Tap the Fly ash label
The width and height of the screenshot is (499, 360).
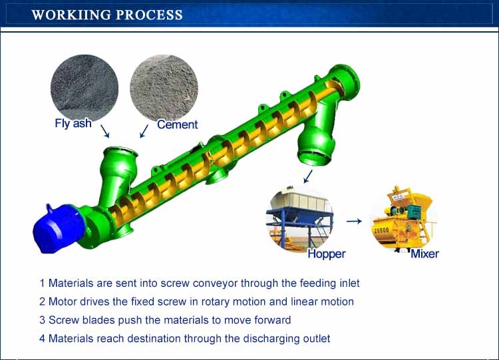73,123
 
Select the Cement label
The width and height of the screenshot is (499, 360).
177,124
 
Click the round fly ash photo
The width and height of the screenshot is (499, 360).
84,87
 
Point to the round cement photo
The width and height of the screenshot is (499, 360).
164,88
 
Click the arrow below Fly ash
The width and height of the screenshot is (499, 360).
105,131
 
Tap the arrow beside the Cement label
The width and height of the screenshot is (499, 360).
144,131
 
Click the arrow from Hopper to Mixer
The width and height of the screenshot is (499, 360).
354,221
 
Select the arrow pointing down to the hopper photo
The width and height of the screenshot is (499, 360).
308,176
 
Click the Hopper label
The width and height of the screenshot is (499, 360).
327,254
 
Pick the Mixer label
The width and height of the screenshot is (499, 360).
424,254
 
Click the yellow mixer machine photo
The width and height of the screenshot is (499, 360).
404,219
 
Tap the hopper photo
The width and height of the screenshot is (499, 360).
300,219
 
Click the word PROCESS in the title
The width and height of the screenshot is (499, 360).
149,15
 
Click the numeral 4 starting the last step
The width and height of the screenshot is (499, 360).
43,338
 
